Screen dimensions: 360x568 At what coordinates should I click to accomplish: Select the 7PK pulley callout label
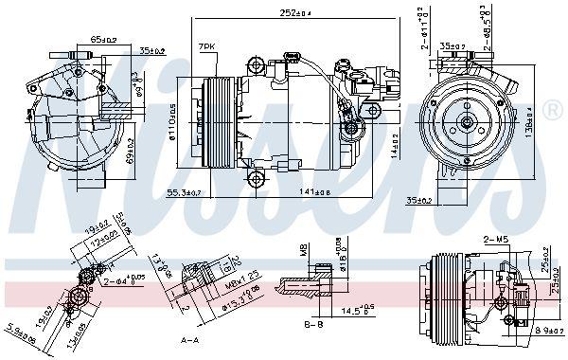[205, 45]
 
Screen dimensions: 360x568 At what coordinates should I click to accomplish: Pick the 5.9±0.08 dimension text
[18, 333]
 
